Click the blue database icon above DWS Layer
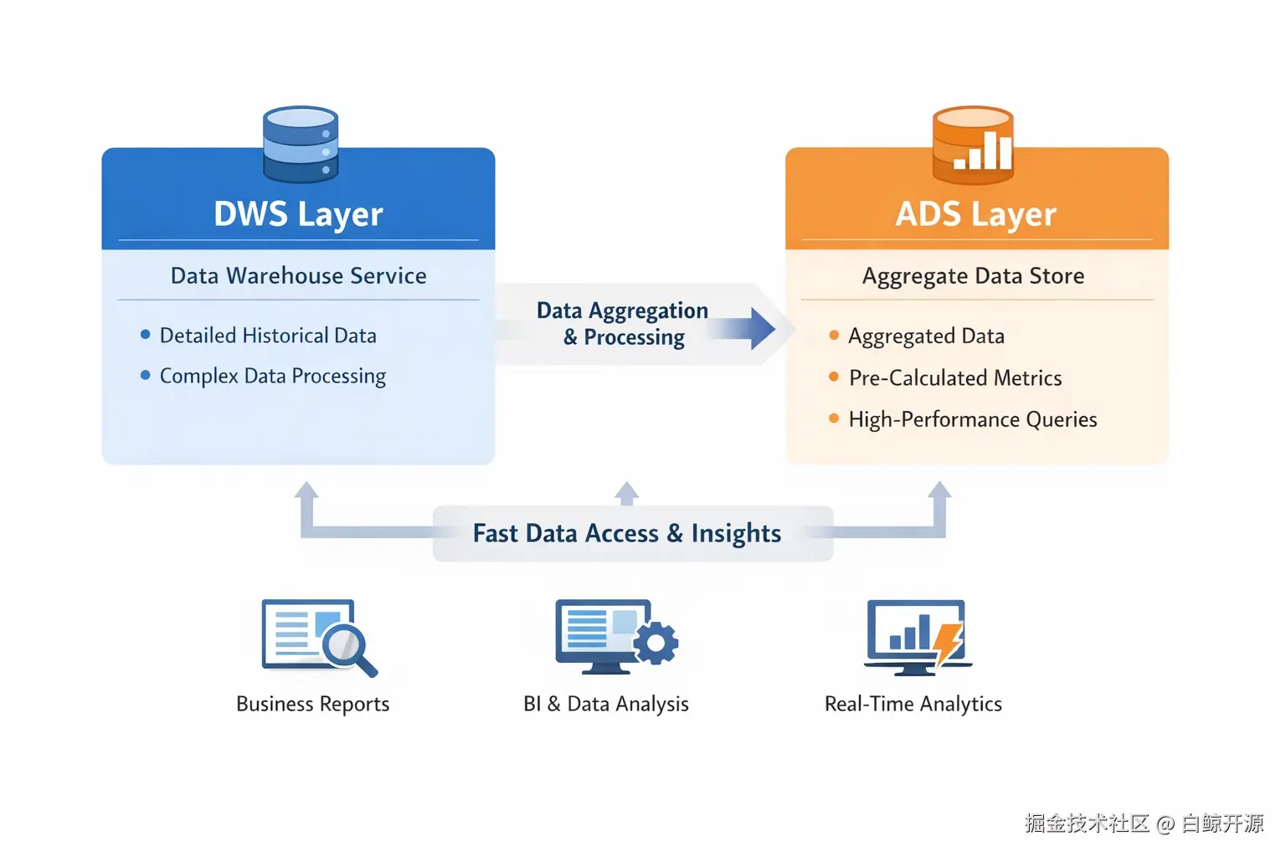coord(301,144)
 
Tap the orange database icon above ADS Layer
coord(973,145)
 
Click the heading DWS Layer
coord(298,215)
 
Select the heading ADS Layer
coord(975,215)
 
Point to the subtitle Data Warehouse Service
coord(299,276)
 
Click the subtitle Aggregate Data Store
coord(973,276)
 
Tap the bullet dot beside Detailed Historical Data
coord(145,335)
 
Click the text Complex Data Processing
coord(273,377)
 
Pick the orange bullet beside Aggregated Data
coord(834,336)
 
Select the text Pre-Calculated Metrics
coord(955,377)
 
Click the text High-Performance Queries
coord(973,419)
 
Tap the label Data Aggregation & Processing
coord(623,324)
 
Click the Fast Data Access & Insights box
coord(633,533)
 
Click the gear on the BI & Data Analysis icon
coord(656,643)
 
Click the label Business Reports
coord(313,705)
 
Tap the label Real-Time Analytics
coord(913,705)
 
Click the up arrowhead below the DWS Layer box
coord(306,490)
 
